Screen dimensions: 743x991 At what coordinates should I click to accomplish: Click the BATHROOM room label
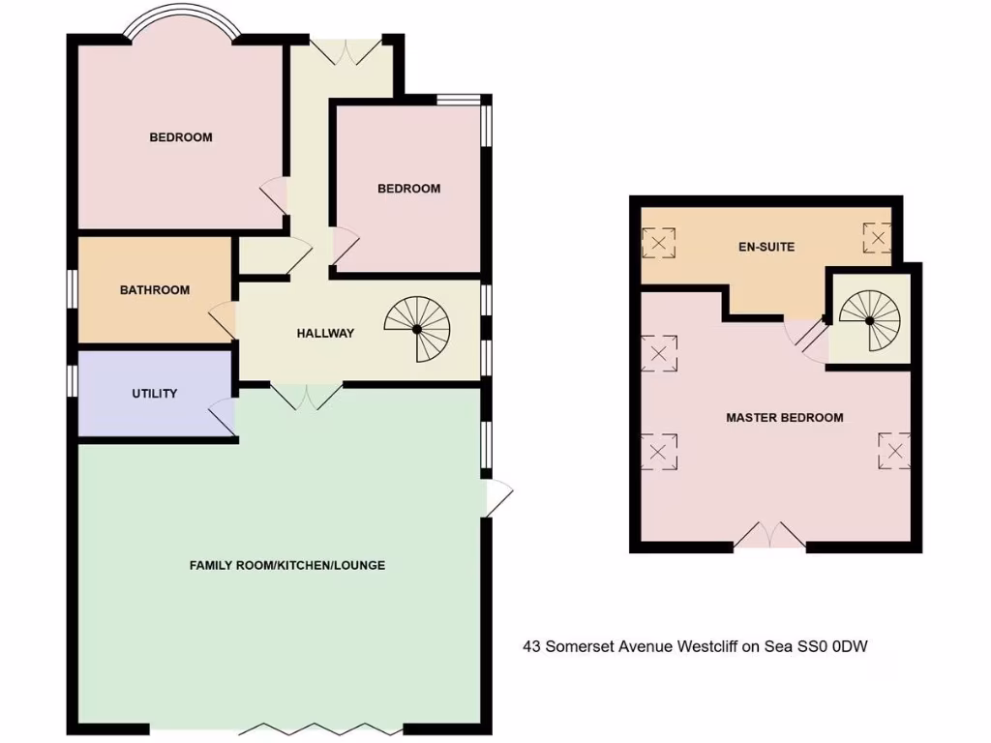click(x=155, y=290)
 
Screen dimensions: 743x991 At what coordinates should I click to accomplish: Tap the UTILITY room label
click(x=155, y=394)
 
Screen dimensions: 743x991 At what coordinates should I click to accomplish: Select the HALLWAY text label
click(x=325, y=334)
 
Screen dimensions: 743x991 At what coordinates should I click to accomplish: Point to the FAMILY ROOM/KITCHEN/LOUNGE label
click(x=287, y=565)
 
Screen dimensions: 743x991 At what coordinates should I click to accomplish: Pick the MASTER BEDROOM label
click(x=785, y=418)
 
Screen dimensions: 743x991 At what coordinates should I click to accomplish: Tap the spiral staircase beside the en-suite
click(x=869, y=318)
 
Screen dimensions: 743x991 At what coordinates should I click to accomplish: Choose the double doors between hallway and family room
click(x=306, y=396)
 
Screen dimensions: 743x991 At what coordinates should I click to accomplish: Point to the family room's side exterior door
click(x=497, y=498)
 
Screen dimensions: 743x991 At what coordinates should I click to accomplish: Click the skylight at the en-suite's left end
click(x=659, y=243)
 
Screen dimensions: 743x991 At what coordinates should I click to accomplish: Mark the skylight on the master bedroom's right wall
click(x=893, y=450)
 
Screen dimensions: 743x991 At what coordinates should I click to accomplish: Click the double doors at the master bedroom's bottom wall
click(x=769, y=535)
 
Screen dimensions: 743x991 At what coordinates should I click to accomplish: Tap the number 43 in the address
click(x=531, y=645)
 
